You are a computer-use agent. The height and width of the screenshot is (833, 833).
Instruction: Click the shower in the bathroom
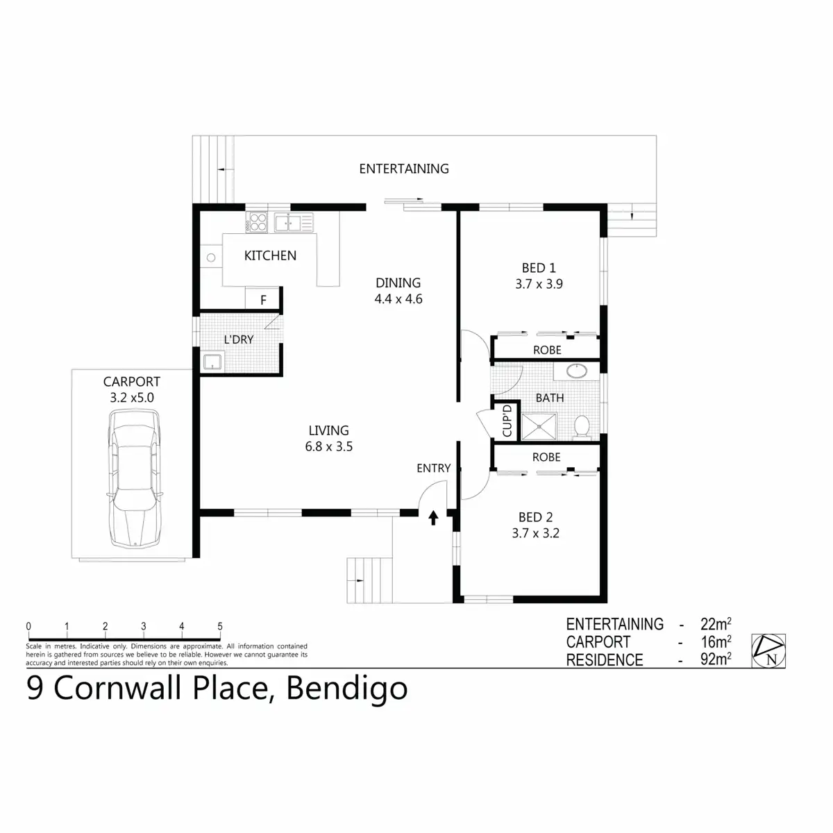pyautogui.click(x=539, y=426)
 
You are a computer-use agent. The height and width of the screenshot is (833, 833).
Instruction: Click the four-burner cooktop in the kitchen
pyautogui.click(x=258, y=222)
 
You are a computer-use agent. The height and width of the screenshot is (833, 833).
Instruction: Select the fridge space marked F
pyautogui.click(x=263, y=301)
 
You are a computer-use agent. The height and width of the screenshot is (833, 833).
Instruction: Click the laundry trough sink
pyautogui.click(x=211, y=362)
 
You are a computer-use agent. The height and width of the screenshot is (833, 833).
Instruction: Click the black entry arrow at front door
pyautogui.click(x=434, y=517)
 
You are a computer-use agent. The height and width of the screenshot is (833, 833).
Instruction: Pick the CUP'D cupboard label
pyautogui.click(x=507, y=421)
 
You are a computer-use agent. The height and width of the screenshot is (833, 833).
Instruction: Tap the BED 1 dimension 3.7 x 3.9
pyautogui.click(x=539, y=284)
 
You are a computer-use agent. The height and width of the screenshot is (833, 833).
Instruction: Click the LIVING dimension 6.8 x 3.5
pyautogui.click(x=329, y=447)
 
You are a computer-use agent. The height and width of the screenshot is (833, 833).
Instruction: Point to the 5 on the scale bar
pyautogui.click(x=220, y=626)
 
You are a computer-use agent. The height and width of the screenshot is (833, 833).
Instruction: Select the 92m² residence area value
pyautogui.click(x=715, y=659)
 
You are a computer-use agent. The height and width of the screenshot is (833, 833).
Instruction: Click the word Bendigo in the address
pyautogui.click(x=346, y=689)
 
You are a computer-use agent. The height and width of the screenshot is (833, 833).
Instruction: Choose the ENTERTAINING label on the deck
pyautogui.click(x=404, y=169)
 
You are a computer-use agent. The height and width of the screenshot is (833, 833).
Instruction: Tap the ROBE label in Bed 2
pyautogui.click(x=546, y=457)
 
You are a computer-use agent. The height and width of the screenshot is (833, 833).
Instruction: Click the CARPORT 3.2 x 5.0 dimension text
pyautogui.click(x=132, y=398)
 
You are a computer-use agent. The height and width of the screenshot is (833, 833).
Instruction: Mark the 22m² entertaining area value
pyautogui.click(x=715, y=624)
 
